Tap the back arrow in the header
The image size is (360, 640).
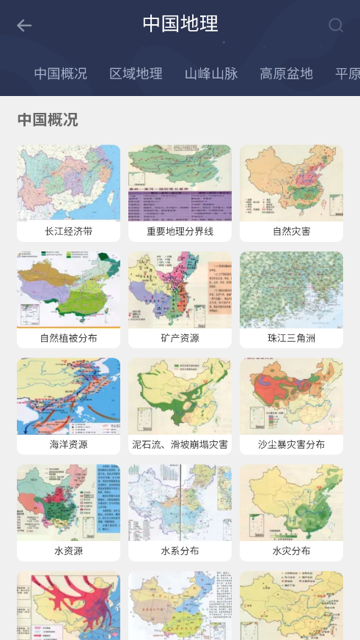[x=24, y=26]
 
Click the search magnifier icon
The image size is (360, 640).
[x=336, y=26]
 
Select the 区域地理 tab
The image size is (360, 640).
[x=136, y=73]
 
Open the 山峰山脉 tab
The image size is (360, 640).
[x=211, y=73]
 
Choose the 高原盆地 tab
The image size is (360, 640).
[x=286, y=73]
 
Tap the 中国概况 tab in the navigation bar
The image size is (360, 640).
[x=60, y=73]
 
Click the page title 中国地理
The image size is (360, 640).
[x=180, y=23]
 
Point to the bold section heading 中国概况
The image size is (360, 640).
[x=48, y=119]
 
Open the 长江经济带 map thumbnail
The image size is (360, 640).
[x=68, y=183]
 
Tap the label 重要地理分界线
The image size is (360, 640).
[x=180, y=232]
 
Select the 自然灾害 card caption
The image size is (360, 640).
[x=291, y=232]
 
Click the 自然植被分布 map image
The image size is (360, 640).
[x=68, y=290]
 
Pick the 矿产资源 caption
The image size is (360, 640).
[x=180, y=338]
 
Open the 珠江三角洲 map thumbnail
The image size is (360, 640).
[x=291, y=290]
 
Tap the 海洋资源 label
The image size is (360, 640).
[x=68, y=444]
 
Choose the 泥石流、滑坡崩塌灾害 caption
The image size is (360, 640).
[x=180, y=444]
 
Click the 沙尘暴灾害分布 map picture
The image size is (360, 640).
[x=291, y=396]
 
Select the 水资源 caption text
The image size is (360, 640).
[x=68, y=551]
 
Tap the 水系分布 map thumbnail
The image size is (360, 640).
[x=180, y=502]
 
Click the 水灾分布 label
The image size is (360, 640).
[x=291, y=551]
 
